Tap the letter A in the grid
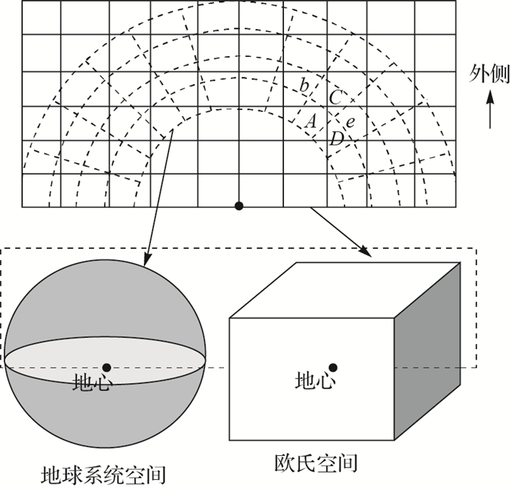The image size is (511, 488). point(310,121)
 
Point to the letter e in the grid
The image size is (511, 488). point(350,122)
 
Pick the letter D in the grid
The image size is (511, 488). point(336,139)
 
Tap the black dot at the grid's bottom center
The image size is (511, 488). point(239,207)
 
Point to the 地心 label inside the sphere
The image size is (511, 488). point(91,383)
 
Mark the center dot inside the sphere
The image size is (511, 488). point(107,367)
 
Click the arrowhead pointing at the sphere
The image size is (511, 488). point(147,261)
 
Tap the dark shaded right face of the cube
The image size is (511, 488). point(429,351)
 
